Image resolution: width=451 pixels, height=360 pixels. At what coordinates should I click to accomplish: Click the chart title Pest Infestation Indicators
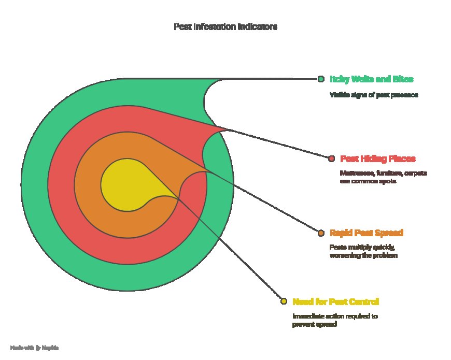[225, 27]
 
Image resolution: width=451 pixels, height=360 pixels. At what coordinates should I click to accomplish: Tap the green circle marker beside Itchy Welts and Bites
[321, 79]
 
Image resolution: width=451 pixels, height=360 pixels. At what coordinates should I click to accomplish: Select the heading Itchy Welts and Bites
[371, 79]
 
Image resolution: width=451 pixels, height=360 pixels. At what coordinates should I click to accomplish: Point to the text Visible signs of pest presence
[373, 95]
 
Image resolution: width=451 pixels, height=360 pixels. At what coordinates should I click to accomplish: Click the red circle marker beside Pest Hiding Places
[332, 159]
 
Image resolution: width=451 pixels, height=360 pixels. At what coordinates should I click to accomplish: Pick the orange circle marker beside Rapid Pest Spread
[321, 233]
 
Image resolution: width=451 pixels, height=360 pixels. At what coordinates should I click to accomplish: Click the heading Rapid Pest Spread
[366, 233]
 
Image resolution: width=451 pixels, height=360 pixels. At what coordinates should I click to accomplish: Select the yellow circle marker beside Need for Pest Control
[284, 301]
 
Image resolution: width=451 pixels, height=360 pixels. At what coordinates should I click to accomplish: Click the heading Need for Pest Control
[335, 301]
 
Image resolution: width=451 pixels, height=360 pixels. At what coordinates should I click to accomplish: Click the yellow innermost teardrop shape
[122, 184]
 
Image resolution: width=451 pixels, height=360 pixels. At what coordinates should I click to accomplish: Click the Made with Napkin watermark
[34, 348]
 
